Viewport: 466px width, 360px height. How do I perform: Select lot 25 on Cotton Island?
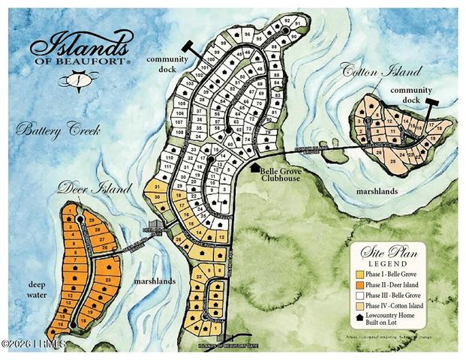394,160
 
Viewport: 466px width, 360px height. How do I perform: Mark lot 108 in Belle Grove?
179,131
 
